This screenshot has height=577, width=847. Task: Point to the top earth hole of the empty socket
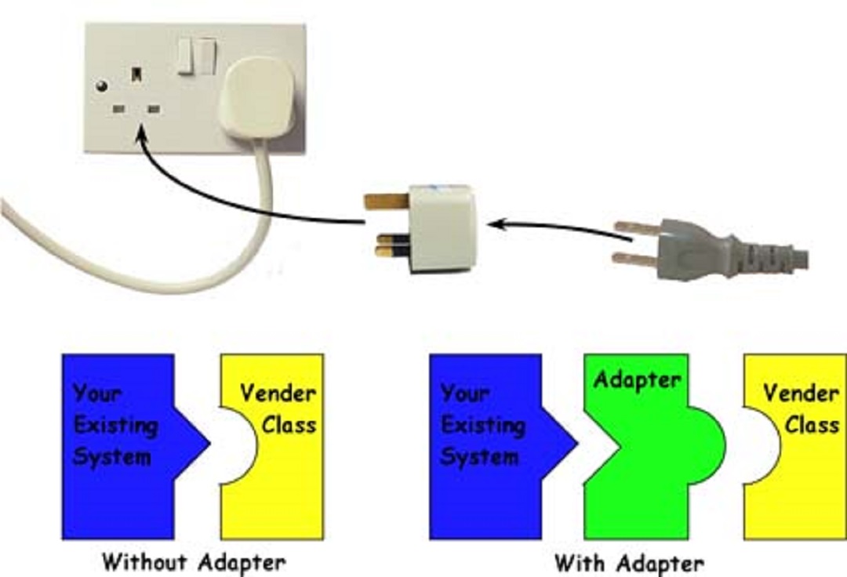click(137, 74)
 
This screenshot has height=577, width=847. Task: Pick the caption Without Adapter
click(194, 561)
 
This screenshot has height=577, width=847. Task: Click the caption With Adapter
click(629, 562)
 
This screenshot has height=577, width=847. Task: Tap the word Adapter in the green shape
click(637, 380)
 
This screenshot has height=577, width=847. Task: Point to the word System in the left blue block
click(111, 457)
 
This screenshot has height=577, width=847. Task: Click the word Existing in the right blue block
click(482, 425)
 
